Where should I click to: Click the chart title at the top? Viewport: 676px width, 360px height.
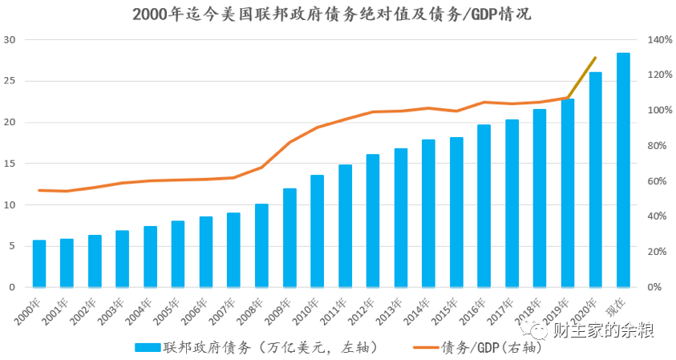pos(332,14)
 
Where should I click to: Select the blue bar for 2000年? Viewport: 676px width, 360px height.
pos(39,264)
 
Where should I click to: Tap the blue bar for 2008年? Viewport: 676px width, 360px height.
pos(261,245)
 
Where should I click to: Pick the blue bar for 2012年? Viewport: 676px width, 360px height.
pos(373,220)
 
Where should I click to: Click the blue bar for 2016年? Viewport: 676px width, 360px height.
pos(484,205)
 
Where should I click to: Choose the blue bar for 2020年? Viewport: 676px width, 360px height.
pos(595,180)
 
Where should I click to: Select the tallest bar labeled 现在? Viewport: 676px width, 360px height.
pos(623,170)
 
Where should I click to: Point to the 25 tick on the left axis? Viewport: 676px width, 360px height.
pos(10,81)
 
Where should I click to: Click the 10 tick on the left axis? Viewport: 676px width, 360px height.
pos(10,204)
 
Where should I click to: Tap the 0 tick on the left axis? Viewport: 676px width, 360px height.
pos(12,287)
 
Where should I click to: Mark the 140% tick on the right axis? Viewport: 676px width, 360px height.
pos(660,39)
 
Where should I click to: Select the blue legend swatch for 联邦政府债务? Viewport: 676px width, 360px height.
pos(148,347)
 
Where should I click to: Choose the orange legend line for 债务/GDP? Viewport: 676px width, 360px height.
pos(426,347)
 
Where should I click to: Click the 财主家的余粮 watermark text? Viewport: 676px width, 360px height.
pos(604,330)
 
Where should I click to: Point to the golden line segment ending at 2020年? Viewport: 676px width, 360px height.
pos(581,78)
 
